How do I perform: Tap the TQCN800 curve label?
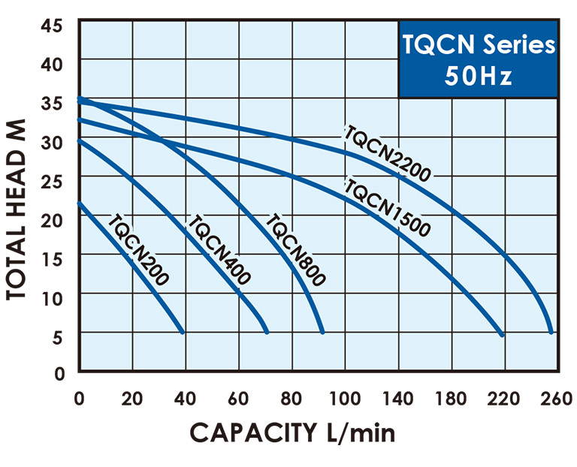[x=295, y=250]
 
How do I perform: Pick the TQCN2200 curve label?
[x=386, y=153]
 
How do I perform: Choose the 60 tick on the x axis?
[x=239, y=398]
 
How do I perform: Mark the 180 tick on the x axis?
[x=451, y=398]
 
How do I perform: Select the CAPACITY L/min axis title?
[x=292, y=433]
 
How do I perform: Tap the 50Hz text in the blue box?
[x=478, y=76]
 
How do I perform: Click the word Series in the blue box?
[x=518, y=45]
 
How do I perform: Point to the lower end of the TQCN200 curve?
[x=183, y=331]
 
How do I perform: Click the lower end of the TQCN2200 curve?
[x=552, y=331]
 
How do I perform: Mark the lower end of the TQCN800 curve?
[x=322, y=331]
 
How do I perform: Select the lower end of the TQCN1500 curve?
[x=503, y=333]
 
